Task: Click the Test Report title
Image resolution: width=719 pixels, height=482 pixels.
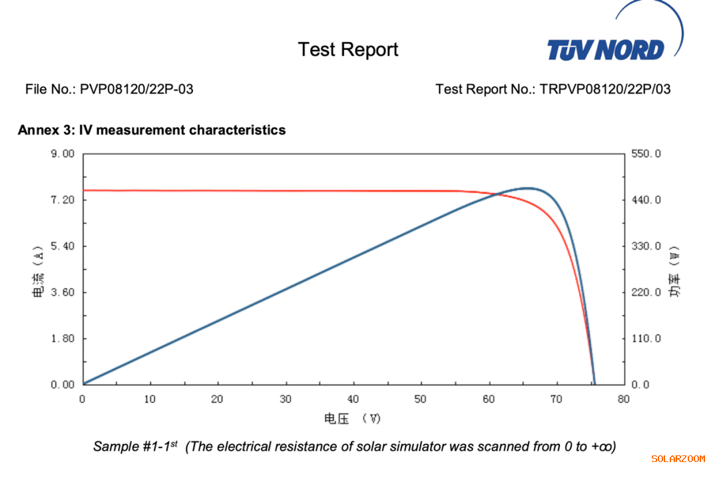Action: (348, 49)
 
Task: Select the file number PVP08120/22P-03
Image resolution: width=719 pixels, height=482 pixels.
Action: (136, 89)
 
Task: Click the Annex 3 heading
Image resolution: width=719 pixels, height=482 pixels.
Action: (152, 130)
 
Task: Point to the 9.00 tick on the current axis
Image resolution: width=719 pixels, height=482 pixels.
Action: (61, 154)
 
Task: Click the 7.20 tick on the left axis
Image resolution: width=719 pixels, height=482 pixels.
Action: (61, 200)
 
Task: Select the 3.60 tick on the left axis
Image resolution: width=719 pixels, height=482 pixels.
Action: (61, 292)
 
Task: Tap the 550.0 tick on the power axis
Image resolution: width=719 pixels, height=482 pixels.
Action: (646, 154)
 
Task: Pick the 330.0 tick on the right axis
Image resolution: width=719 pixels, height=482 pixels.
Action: (646, 246)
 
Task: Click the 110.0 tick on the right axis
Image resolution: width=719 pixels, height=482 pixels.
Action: (646, 338)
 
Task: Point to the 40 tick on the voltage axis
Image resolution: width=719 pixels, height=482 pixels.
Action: (354, 399)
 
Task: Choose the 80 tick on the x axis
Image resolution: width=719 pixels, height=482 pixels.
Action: (624, 399)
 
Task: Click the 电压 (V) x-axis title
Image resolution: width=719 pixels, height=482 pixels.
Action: (353, 418)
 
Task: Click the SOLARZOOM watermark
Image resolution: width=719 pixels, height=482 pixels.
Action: (678, 459)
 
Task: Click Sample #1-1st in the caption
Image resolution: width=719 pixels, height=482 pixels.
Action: (135, 446)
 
